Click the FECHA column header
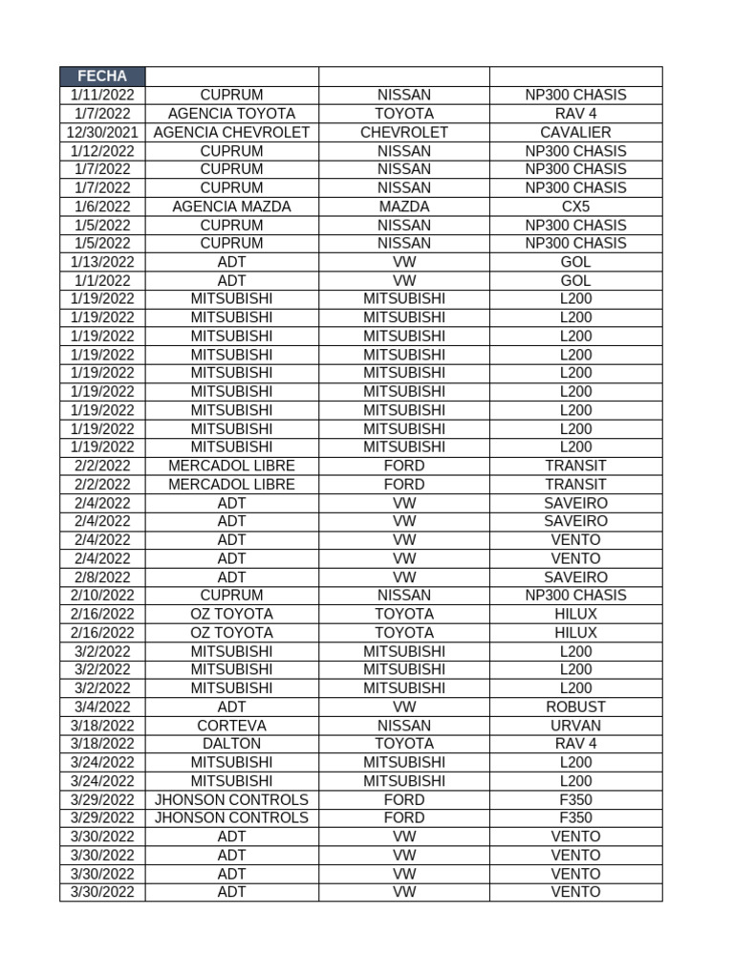click(102, 76)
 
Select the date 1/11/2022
click(102, 96)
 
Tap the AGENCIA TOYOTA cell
click(231, 114)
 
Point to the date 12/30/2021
click(102, 132)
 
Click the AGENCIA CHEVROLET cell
click(231, 132)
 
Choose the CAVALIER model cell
click(575, 132)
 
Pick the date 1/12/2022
click(102, 151)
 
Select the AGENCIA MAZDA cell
click(231, 207)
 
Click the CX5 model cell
click(575, 207)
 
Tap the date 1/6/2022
click(102, 207)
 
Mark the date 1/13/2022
click(102, 262)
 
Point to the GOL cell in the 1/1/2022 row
click(575, 281)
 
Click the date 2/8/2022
click(102, 577)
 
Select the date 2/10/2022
click(102, 596)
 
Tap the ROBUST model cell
click(575, 707)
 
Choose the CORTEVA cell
click(231, 726)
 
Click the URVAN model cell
click(575, 726)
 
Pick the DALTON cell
click(231, 744)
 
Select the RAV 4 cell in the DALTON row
click(575, 744)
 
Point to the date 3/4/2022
click(102, 707)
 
